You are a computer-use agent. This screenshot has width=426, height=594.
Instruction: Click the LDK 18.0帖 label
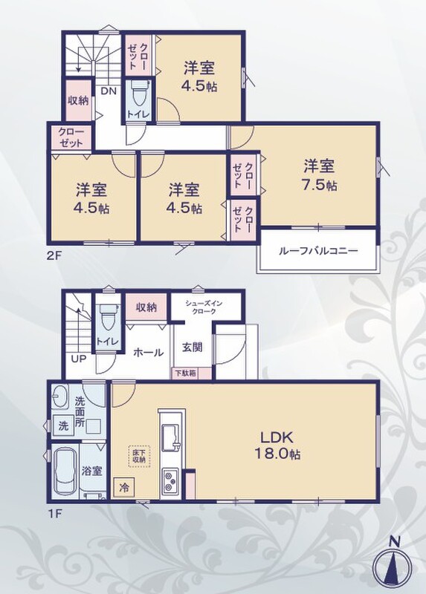(x=277, y=445)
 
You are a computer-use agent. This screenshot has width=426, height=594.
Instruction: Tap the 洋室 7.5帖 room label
(x=320, y=175)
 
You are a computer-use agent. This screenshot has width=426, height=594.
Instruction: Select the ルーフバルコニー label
(x=318, y=251)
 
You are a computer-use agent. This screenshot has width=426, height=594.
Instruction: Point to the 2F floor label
(x=54, y=255)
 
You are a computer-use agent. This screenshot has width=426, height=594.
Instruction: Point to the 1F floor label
(x=54, y=514)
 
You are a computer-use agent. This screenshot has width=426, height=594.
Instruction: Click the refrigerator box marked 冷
(x=123, y=487)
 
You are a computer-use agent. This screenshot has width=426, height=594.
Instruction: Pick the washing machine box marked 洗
(x=63, y=425)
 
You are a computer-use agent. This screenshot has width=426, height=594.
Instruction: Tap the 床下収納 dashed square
(x=139, y=456)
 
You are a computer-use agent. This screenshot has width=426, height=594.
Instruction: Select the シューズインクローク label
(x=204, y=307)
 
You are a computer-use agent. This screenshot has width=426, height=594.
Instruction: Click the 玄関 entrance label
(x=192, y=347)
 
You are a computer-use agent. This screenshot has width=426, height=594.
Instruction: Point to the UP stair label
(x=79, y=359)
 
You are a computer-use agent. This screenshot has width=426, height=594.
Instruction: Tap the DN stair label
(x=109, y=91)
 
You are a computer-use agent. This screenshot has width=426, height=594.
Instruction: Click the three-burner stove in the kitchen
(x=171, y=481)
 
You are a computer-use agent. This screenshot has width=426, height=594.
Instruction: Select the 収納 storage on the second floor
(x=78, y=100)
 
